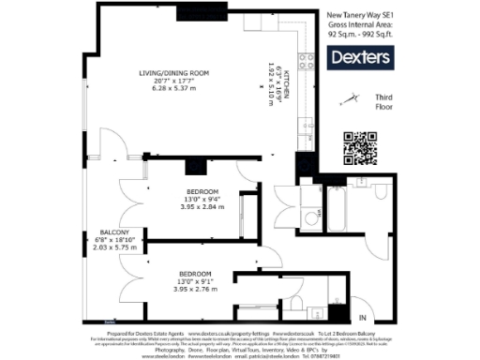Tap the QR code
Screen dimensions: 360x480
(360, 147)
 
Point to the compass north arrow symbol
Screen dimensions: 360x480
(351, 97)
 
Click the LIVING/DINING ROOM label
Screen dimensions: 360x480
(173, 73)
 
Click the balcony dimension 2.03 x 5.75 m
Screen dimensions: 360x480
(120, 248)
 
